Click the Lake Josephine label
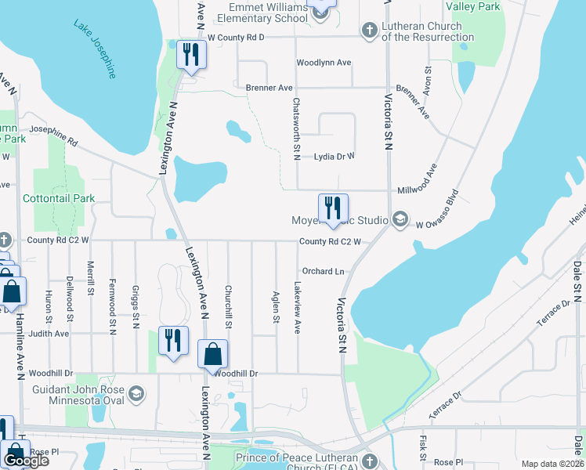click(x=96, y=49)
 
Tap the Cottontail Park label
click(x=59, y=198)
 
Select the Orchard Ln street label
click(x=324, y=271)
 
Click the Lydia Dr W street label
click(x=334, y=156)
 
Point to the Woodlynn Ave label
click(x=324, y=63)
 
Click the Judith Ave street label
click(x=49, y=333)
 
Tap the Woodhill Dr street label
click(x=236, y=374)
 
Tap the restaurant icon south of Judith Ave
click(x=173, y=341)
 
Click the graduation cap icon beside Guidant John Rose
click(x=136, y=392)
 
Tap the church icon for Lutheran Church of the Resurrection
click(x=370, y=31)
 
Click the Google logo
click(x=26, y=461)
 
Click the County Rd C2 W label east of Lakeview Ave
click(x=330, y=241)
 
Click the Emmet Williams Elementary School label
click(x=262, y=12)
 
